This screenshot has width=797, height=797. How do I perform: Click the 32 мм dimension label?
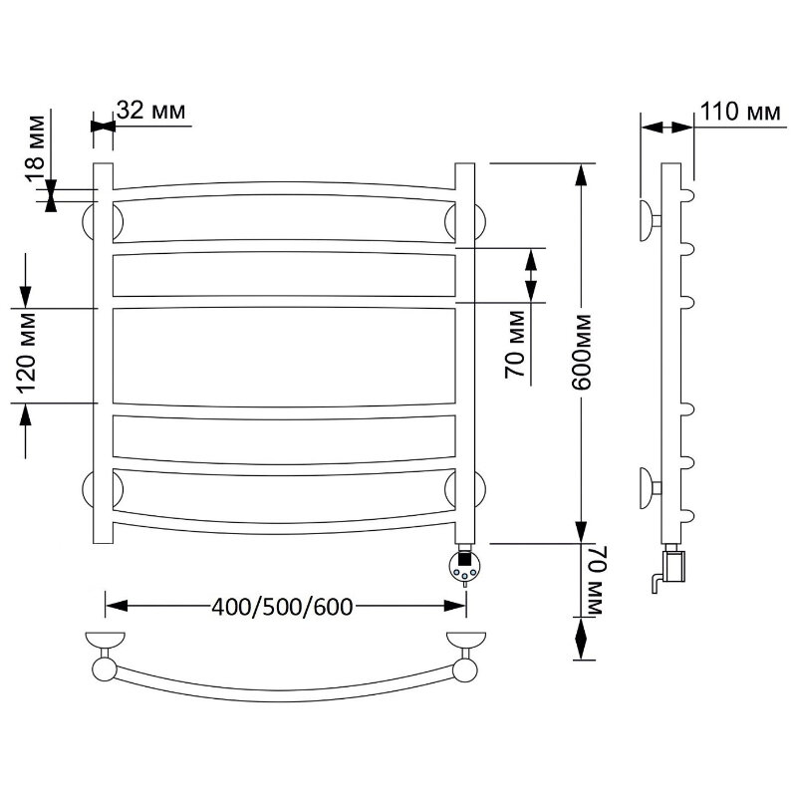click(x=151, y=110)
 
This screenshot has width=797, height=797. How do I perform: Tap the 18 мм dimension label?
click(x=36, y=147)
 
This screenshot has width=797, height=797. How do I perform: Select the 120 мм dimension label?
click(x=27, y=354)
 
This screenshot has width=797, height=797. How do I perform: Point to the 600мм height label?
click(x=582, y=353)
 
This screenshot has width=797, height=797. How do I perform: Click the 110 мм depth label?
click(x=740, y=112)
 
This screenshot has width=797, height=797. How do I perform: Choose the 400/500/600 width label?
click(x=282, y=607)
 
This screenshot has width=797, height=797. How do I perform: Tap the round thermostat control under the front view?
click(x=464, y=566)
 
